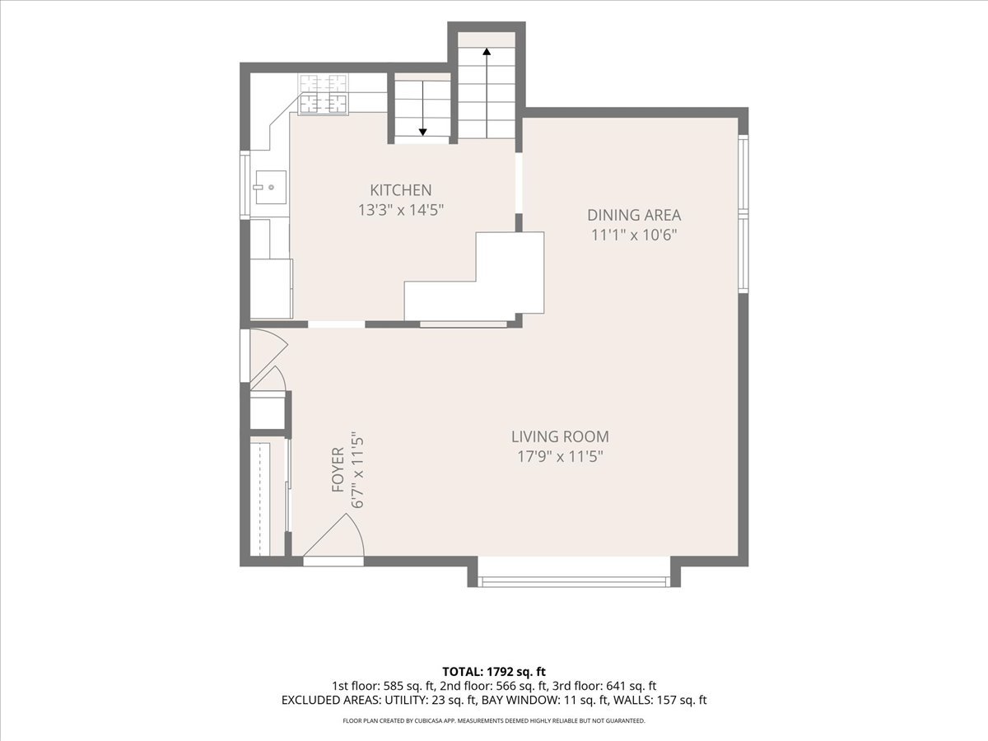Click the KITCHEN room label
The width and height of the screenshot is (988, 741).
pos(401,190)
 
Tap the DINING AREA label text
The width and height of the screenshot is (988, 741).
pos(634,215)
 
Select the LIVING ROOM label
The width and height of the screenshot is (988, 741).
pos(560,436)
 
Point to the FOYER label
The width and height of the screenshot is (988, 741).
pos(338,469)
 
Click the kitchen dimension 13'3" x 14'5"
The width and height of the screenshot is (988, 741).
pos(401,210)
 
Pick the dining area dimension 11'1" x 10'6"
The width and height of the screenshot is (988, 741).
pos(634,235)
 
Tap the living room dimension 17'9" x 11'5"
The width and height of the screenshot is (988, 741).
pos(560,457)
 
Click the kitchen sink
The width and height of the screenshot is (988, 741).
pos(271,187)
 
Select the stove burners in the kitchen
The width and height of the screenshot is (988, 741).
pos(323,94)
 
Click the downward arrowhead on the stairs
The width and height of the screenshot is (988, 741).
pos(422,132)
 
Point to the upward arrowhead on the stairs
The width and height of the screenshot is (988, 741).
pos(487,51)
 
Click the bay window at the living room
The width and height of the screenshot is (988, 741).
pos(574,581)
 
